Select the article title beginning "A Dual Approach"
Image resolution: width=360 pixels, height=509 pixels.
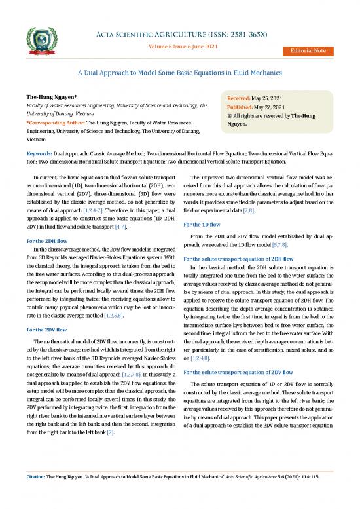(x=180, y=73)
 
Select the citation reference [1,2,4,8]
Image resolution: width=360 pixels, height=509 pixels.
(x=203, y=360)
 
